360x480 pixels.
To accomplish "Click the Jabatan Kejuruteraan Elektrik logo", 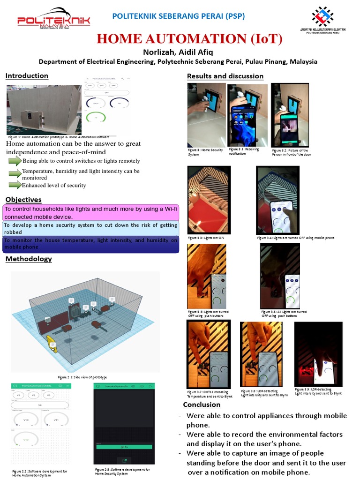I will pyautogui.click(x=322, y=20).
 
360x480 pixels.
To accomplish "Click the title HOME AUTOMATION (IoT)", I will pyautogui.click(x=189, y=39).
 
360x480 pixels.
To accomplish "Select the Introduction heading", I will pyautogui.click(x=27, y=75).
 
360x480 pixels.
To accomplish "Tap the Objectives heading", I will pyautogui.click(x=23, y=200).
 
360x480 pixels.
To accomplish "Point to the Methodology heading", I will pyautogui.click(x=29, y=259).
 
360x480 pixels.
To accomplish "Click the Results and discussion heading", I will pyautogui.click(x=225, y=76).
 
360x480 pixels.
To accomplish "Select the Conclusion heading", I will pyautogui.click(x=202, y=405).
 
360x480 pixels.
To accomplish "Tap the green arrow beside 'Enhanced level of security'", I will pyautogui.click(x=15, y=185).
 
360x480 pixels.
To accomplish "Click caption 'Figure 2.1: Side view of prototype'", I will pyautogui.click(x=82, y=377).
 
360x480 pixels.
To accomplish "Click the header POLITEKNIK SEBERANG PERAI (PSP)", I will pyautogui.click(x=178, y=16).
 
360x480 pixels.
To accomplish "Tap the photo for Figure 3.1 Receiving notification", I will pyautogui.click(x=247, y=115).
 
